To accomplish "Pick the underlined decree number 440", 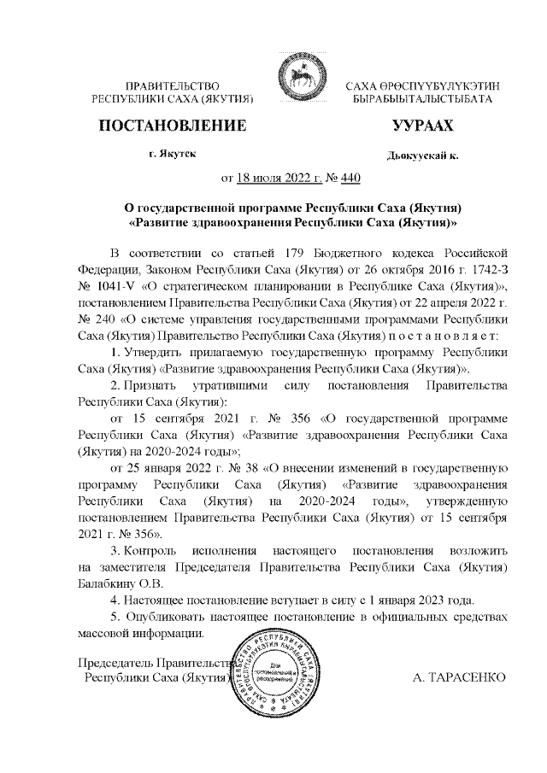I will pos(350,179).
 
